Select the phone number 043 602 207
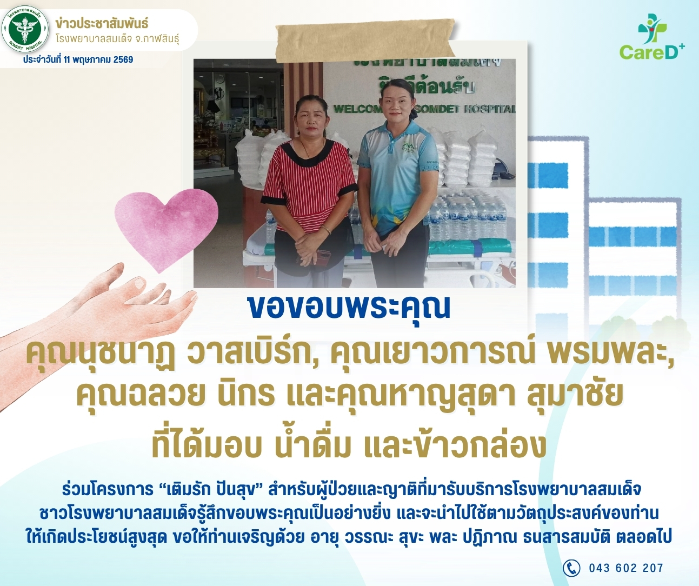[626, 568]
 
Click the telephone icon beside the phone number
[571, 568]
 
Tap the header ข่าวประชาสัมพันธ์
[102, 24]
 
